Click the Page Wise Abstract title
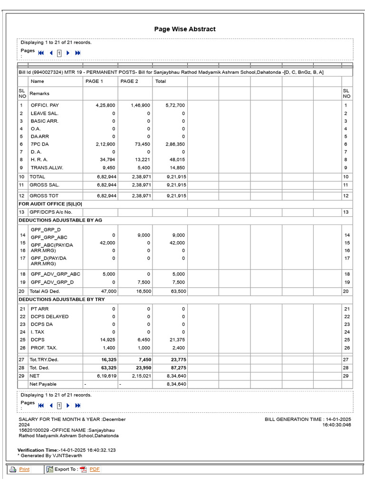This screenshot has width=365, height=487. pyautogui.click(x=184, y=29)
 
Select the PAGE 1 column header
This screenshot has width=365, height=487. pyautogui.click(x=94, y=81)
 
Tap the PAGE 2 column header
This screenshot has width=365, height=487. pyautogui.click(x=129, y=81)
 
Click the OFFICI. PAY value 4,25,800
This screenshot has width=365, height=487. pyautogui.click(x=106, y=105)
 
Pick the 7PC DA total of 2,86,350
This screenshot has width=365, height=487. pyautogui.click(x=175, y=144)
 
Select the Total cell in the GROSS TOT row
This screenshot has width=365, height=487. pyautogui.click(x=176, y=195)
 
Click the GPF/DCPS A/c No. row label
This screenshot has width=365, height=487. pyautogui.click(x=51, y=212)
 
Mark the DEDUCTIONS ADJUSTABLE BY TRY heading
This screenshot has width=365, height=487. pyautogui.click(x=61, y=299)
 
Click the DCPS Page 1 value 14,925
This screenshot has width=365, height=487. pyautogui.click(x=107, y=340)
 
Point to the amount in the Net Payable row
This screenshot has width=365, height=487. pyautogui.click(x=176, y=384)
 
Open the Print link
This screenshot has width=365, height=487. pyautogui.click(x=24, y=469)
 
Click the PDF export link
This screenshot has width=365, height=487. pyautogui.click(x=95, y=469)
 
